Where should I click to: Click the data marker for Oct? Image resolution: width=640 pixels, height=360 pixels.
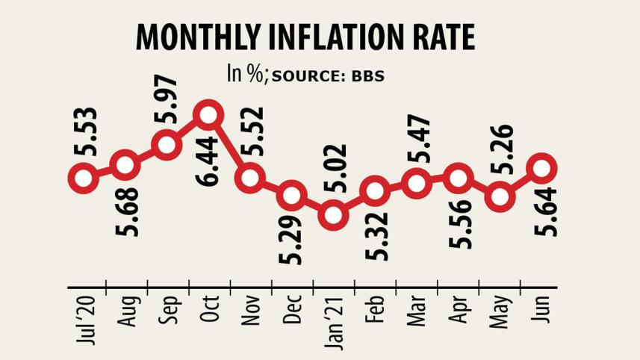(x=208, y=115)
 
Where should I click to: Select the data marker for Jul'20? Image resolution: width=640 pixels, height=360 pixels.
(x=83, y=178)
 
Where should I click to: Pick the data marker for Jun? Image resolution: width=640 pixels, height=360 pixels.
(x=543, y=167)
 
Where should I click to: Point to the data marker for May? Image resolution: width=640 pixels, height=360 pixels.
(x=501, y=198)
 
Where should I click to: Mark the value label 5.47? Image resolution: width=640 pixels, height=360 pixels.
(x=417, y=136)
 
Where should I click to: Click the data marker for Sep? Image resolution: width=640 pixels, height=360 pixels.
(x=167, y=144)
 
